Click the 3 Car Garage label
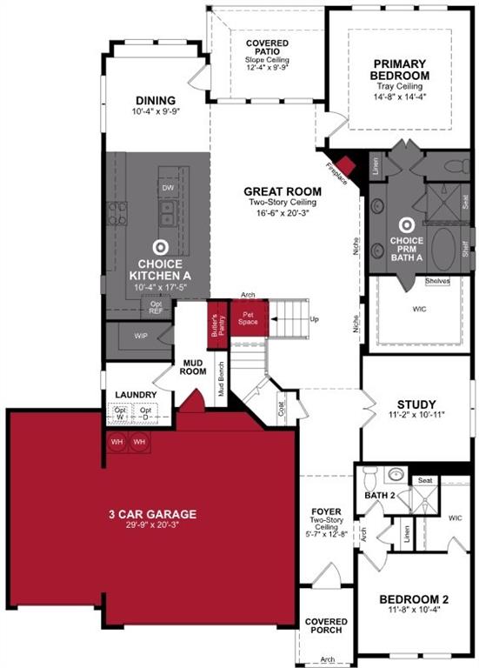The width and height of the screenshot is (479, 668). click(x=152, y=514)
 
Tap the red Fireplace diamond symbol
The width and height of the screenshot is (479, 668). click(x=348, y=165)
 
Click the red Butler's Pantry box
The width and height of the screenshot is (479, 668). click(x=217, y=323)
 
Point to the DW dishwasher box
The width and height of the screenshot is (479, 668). click(x=167, y=187)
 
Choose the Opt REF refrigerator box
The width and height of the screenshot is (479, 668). click(x=156, y=306)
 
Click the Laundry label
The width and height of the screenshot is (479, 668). click(x=136, y=395)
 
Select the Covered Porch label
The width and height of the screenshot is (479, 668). click(x=326, y=626)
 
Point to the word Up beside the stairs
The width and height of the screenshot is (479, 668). click(x=314, y=319)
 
